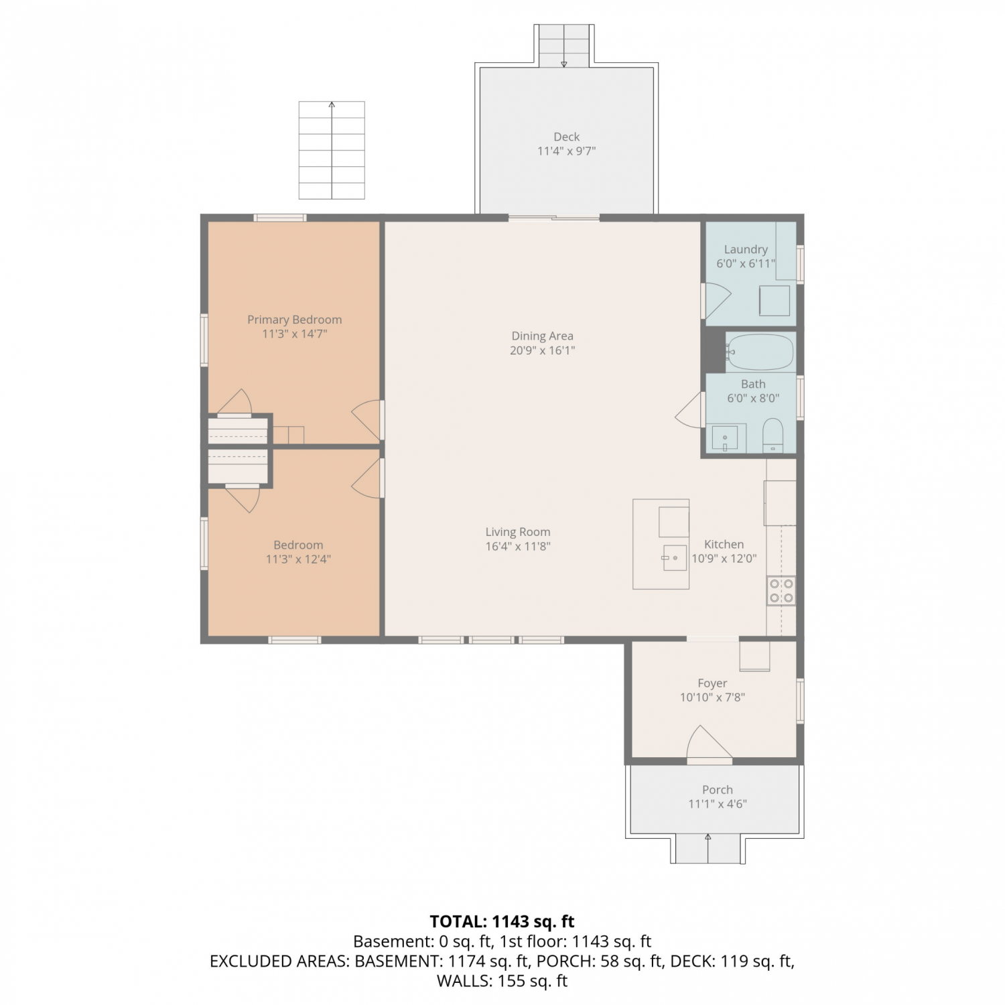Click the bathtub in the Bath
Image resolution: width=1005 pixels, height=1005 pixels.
(760, 352)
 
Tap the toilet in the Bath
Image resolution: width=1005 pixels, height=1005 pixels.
(773, 435)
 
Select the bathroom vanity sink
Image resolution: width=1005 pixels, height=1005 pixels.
(724, 439)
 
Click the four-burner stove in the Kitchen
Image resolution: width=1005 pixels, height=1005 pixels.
(781, 590)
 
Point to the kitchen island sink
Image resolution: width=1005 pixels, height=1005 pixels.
(675, 557)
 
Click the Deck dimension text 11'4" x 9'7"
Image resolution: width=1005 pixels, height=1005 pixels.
(566, 151)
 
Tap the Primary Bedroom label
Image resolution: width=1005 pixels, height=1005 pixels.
(295, 320)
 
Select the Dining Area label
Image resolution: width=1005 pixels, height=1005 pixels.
(542, 336)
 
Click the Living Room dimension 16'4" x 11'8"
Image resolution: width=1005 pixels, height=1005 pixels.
(518, 546)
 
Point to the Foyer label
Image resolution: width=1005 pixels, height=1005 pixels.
(712, 683)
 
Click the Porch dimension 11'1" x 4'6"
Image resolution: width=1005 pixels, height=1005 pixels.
(718, 804)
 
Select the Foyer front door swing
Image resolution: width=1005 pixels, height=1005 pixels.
(709, 743)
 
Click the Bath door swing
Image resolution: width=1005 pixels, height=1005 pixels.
(690, 410)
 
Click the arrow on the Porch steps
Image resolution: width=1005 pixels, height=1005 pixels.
(708, 848)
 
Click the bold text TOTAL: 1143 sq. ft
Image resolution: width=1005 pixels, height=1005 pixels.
(502, 921)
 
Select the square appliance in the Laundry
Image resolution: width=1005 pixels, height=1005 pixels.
(775, 301)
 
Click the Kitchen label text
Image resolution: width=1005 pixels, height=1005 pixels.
(724, 544)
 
